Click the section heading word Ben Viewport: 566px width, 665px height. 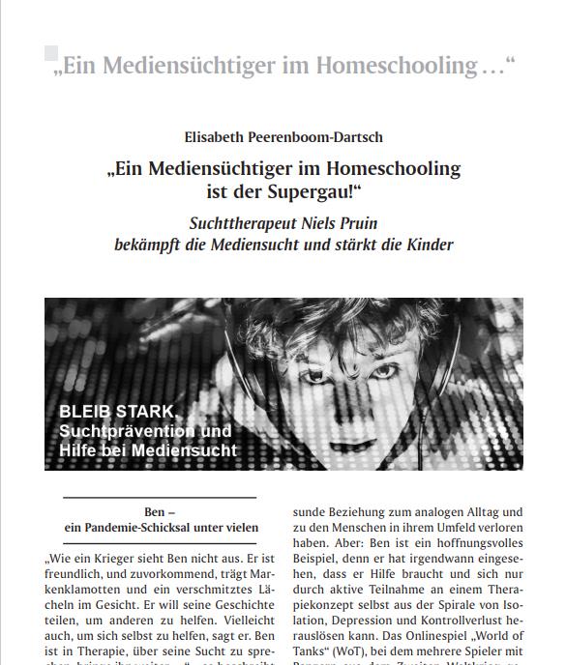[153, 510]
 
